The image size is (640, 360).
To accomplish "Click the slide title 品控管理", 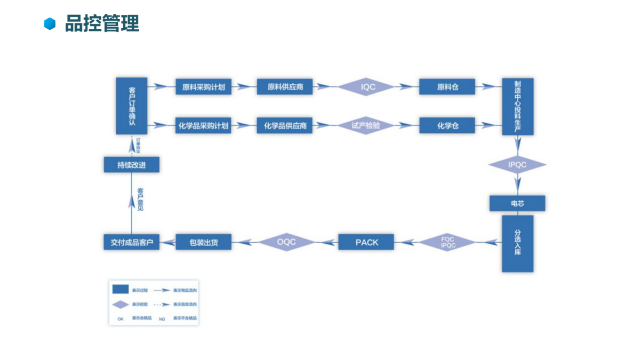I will click(102, 24).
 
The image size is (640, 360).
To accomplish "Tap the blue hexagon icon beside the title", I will click(50, 24).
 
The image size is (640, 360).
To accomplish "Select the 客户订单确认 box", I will click(132, 106).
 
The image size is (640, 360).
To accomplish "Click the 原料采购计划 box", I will click(203, 87).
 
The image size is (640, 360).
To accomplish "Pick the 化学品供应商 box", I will click(285, 126).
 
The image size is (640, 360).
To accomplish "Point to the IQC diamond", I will click(368, 87).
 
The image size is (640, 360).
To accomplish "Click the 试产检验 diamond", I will click(366, 126).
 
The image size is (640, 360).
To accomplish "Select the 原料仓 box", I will click(447, 87).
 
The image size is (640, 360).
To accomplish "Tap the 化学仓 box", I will click(447, 126).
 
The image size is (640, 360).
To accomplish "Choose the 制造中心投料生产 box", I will click(517, 106).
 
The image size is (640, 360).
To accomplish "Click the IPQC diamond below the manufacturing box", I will click(517, 165).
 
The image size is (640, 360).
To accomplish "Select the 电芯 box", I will click(517, 203).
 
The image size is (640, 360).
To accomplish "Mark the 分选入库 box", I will click(517, 243).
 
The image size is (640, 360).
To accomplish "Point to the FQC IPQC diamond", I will click(448, 243).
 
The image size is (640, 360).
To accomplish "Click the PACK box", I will click(366, 242).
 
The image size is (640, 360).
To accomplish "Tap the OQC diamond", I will click(286, 242).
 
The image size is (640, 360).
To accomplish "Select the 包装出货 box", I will click(203, 243).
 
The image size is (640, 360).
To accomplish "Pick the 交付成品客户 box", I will click(132, 243).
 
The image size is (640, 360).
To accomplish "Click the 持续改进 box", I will click(132, 165).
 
